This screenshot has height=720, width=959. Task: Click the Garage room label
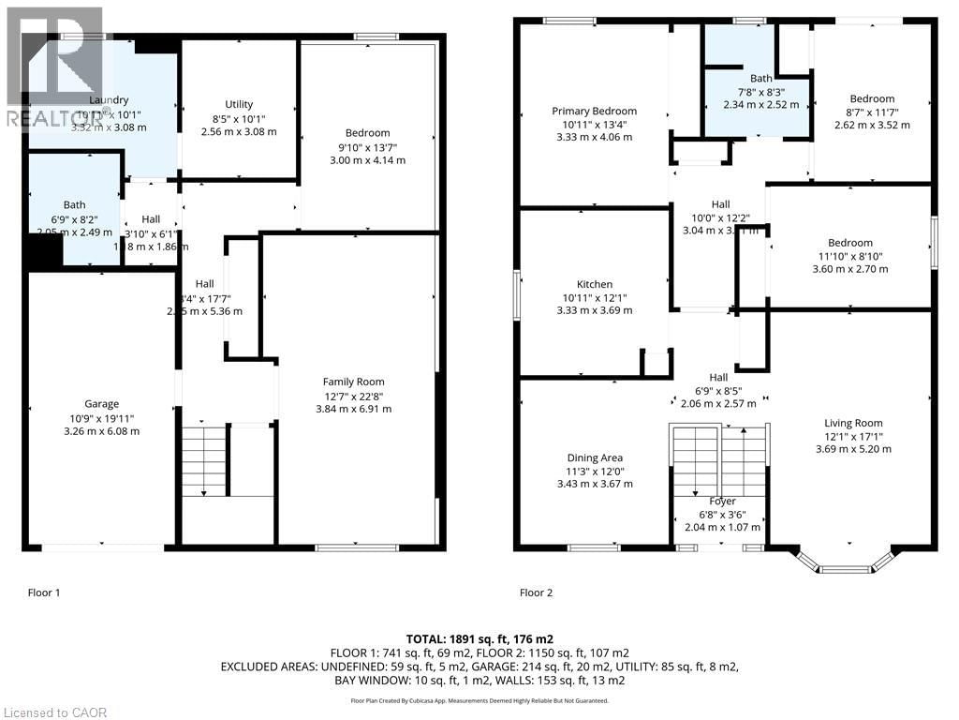(101, 404)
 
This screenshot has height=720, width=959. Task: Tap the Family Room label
(353, 382)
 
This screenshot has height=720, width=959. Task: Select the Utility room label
(239, 104)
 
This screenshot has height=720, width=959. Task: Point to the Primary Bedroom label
(594, 111)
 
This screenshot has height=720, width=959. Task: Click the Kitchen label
(594, 284)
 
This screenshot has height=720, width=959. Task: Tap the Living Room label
(853, 422)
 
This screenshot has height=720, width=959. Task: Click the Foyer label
(722, 502)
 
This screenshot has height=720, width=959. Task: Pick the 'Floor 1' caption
(44, 592)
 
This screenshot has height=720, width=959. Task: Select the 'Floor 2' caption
(537, 592)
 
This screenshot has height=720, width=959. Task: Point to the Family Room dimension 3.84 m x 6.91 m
(353, 409)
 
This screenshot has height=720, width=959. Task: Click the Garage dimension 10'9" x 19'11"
(101, 418)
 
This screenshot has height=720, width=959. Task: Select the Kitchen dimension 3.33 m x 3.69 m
(594, 310)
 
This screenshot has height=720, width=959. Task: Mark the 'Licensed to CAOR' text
(54, 712)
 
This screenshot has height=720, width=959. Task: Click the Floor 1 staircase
(205, 459)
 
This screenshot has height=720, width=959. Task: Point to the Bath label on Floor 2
(760, 79)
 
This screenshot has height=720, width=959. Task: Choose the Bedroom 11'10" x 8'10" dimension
(849, 256)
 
